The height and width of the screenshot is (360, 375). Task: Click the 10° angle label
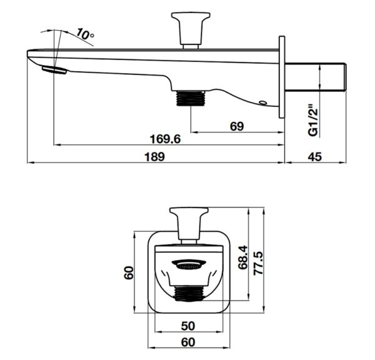click(85, 34)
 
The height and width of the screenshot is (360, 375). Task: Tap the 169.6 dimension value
click(165, 139)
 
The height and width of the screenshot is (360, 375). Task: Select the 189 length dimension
click(155, 157)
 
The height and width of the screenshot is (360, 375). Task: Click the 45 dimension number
click(315, 157)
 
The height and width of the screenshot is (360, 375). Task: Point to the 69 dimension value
click(237, 126)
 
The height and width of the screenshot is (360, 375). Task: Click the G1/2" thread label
click(314, 120)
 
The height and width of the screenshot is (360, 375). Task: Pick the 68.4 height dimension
click(244, 257)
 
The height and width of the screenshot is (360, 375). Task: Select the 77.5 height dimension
click(259, 263)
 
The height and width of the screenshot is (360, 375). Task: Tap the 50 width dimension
click(188, 326)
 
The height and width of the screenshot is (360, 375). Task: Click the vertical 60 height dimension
click(129, 272)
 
